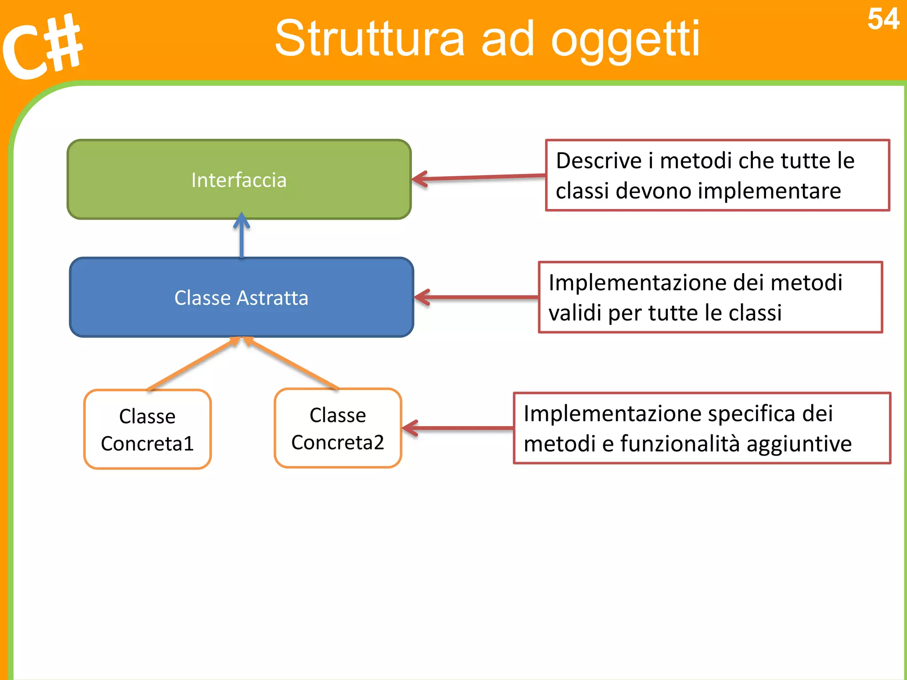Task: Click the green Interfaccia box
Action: pos(239,179)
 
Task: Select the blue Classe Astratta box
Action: pos(241,297)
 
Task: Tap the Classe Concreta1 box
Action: pos(147,429)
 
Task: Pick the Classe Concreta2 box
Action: pos(337,428)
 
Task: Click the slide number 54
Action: pos(883,19)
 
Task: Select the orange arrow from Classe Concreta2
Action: pos(292,363)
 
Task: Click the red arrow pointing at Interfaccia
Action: pos(478,178)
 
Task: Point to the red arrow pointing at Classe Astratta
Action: pos(476,297)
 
